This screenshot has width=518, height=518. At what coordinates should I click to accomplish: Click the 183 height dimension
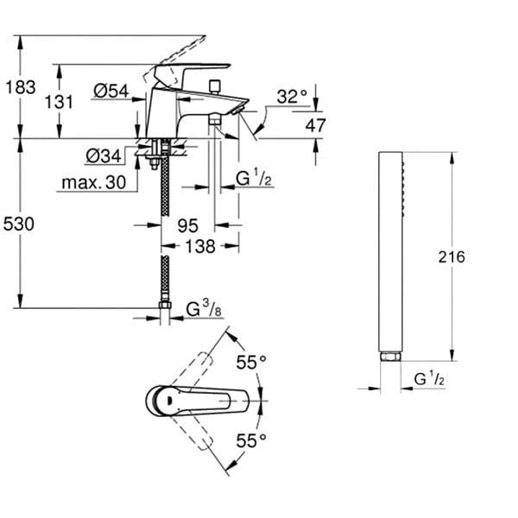[21, 87]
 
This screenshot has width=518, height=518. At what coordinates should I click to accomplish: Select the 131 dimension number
[59, 102]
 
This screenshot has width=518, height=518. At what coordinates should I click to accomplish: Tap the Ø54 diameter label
[111, 91]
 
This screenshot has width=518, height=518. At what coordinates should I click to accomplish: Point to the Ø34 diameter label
[104, 155]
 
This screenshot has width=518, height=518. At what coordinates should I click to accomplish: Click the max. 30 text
[94, 182]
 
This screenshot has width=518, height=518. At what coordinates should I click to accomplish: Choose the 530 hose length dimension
[19, 224]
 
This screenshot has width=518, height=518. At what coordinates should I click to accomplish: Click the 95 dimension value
[188, 226]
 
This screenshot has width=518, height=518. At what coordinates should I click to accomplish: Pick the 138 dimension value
[200, 246]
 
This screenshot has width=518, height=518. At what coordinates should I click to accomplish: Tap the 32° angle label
[292, 97]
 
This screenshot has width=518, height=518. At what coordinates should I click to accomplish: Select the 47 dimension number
[315, 125]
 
